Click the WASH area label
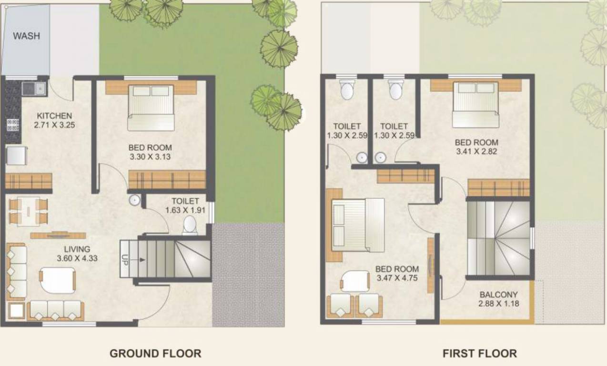26,36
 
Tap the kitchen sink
33,88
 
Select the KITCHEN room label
54,116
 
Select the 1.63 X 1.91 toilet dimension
185,210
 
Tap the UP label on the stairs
124,260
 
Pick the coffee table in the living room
58,280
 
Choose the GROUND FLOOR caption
155,354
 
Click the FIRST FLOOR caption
479,354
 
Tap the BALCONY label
498,295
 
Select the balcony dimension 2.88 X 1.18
498,304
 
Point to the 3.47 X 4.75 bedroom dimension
397,278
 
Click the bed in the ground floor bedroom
151,107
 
